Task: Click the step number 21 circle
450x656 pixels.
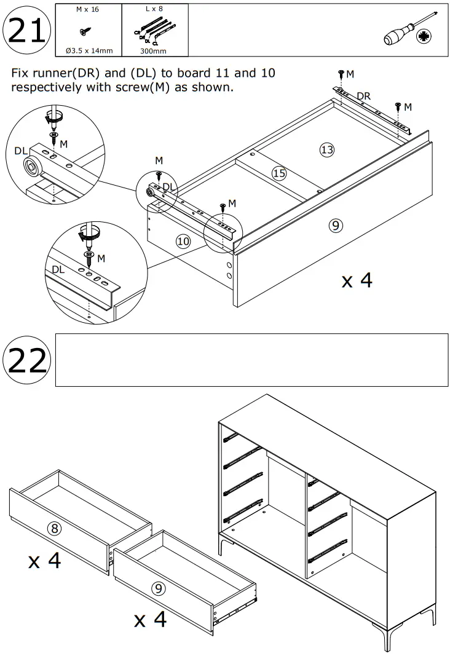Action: click(26, 31)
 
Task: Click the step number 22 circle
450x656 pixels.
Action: click(26, 361)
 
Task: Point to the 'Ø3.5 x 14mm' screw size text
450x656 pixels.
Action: click(88, 50)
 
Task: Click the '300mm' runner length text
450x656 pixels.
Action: click(154, 51)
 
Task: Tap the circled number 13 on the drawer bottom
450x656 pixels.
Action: click(326, 149)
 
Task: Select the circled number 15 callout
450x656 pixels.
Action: click(279, 173)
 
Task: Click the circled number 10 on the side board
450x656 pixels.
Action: click(183, 241)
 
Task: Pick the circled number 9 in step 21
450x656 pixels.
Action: click(336, 226)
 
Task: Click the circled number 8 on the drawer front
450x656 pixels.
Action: click(55, 528)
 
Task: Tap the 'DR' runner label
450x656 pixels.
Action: click(363, 97)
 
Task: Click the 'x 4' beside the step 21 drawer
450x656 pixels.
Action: click(357, 280)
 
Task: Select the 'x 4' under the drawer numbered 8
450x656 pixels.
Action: click(45, 560)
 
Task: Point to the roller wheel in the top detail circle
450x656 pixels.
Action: click(29, 165)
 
